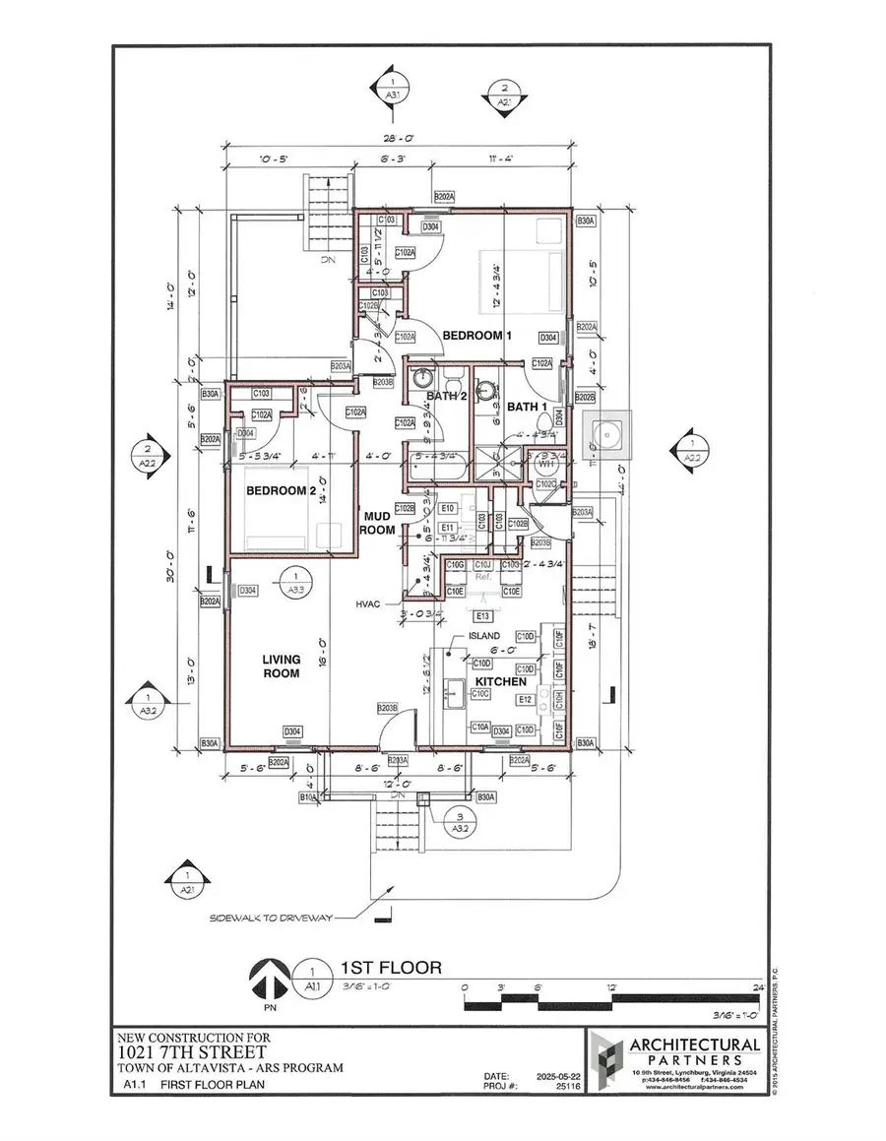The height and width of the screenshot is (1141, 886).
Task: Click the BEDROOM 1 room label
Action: click(x=477, y=336)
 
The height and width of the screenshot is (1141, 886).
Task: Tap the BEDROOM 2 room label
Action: click(x=281, y=490)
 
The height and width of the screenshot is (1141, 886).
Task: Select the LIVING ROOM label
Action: click(x=281, y=666)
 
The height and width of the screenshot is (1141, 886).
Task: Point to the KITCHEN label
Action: click(x=501, y=681)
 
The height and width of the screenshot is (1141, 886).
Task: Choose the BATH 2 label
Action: click(x=445, y=396)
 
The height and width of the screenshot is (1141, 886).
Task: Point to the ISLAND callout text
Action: click(x=483, y=637)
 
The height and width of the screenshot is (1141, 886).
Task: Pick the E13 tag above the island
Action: click(x=482, y=616)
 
